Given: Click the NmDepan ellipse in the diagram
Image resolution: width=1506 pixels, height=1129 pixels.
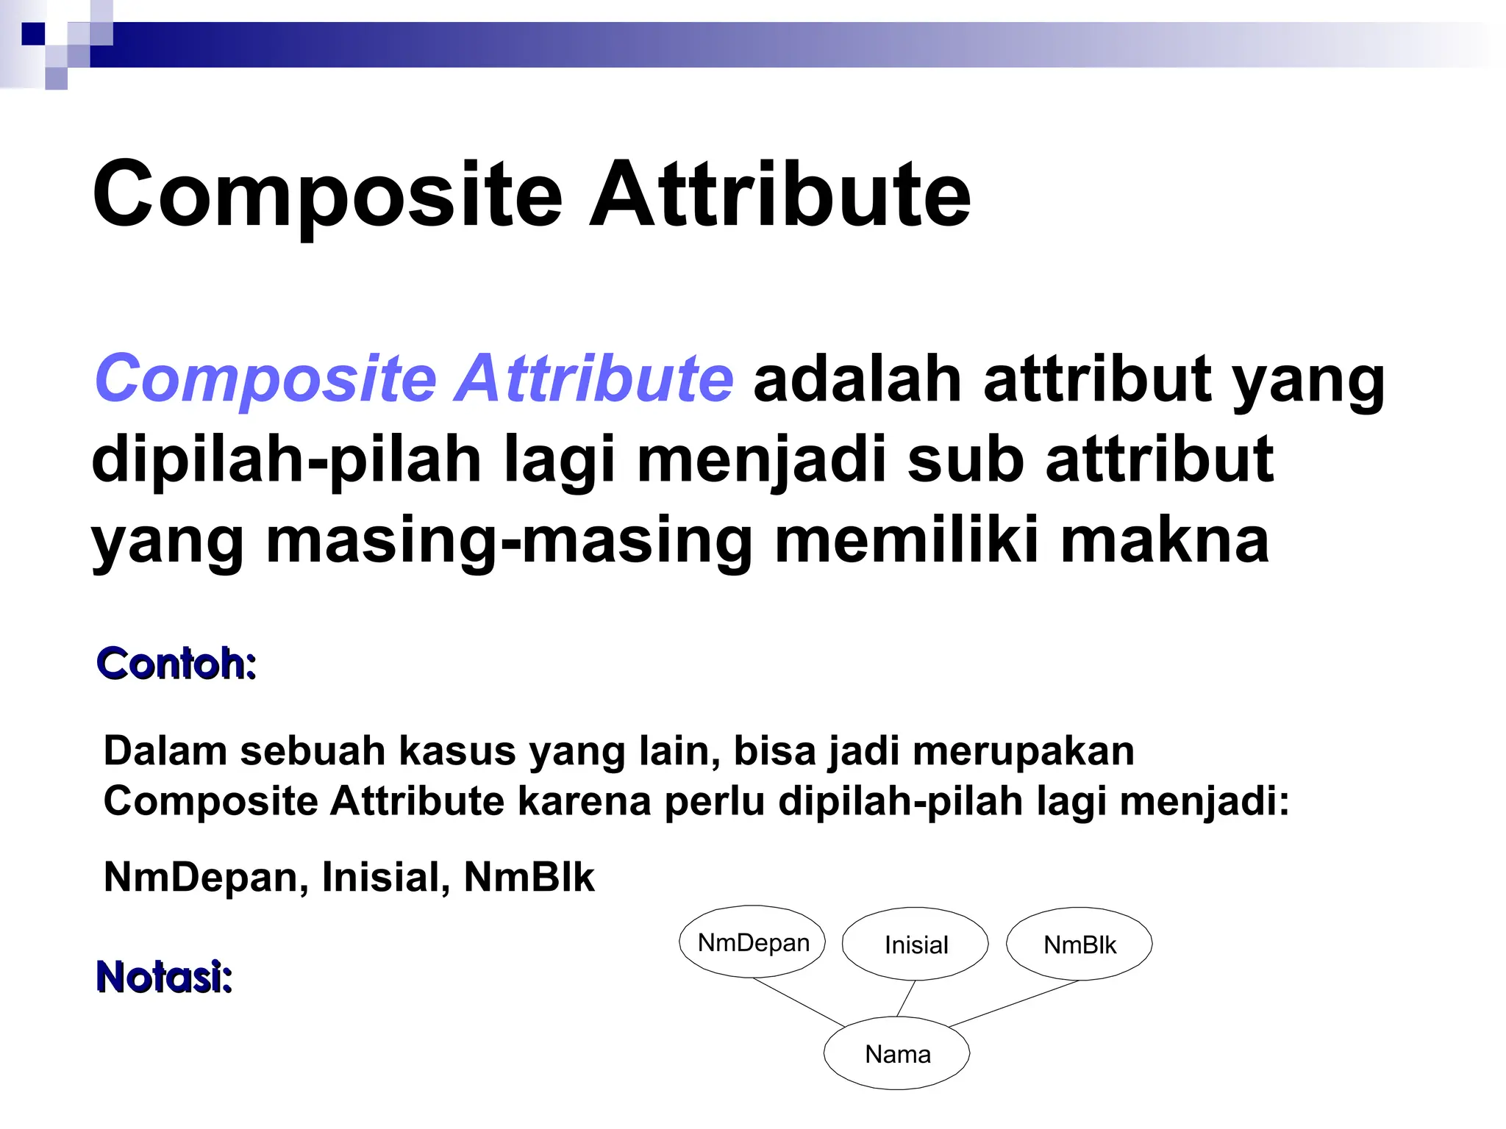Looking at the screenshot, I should click(752, 942).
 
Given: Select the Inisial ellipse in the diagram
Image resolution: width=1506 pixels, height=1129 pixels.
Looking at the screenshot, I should click(916, 945).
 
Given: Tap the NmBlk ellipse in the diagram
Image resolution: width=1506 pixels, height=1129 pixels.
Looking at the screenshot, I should click(1079, 945).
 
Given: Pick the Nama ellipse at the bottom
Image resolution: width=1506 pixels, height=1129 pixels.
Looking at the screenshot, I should click(896, 1054).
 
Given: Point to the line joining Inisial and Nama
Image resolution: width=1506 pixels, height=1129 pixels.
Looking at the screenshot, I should click(906, 998).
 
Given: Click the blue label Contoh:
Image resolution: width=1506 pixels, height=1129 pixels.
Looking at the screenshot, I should click(176, 664).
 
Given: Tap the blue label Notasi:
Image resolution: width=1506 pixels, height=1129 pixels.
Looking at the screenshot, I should click(164, 977).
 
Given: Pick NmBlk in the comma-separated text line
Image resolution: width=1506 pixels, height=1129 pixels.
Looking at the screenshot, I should click(529, 877).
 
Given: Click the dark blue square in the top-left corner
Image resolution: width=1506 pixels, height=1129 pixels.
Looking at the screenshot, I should click(33, 34).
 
